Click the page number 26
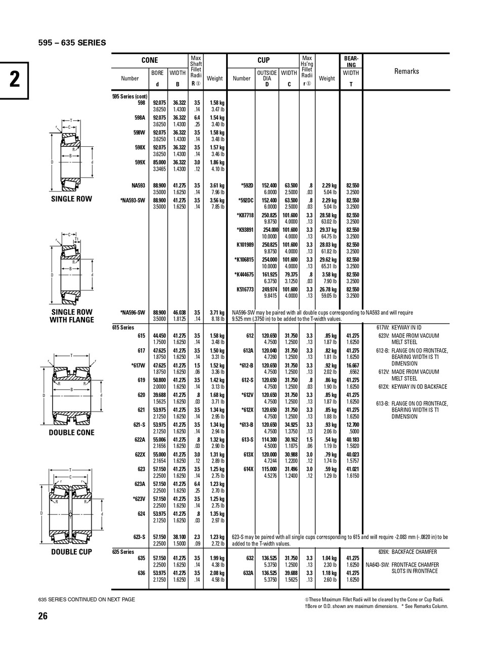tap(43, 616)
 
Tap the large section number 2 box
tap(14, 80)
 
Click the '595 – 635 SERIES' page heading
tap(72, 43)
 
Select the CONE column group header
tap(149, 60)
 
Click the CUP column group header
tap(264, 60)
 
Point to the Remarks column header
tap(406, 71)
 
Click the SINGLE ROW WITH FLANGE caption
tap(72, 316)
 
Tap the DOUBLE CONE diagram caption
tap(71, 433)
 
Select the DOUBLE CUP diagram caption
tap(71, 552)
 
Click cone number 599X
tap(140, 163)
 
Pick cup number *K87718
tap(245, 215)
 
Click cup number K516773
tap(245, 290)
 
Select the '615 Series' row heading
tap(123, 328)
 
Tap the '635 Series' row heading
tap(123, 552)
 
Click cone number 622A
tap(140, 439)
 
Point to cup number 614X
tap(248, 469)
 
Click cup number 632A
tap(248, 573)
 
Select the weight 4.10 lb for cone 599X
tap(218, 169)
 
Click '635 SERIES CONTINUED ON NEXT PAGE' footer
tap(87, 599)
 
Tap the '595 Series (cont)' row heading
tap(130, 96)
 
